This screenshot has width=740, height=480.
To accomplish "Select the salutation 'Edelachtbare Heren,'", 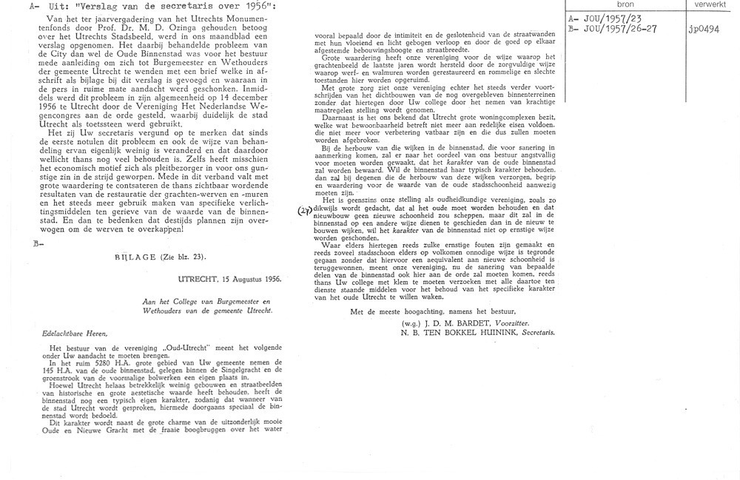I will (71, 334).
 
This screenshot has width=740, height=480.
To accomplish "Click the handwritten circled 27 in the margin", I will (305, 211).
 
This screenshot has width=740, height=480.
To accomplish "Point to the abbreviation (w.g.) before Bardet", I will (408, 323).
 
